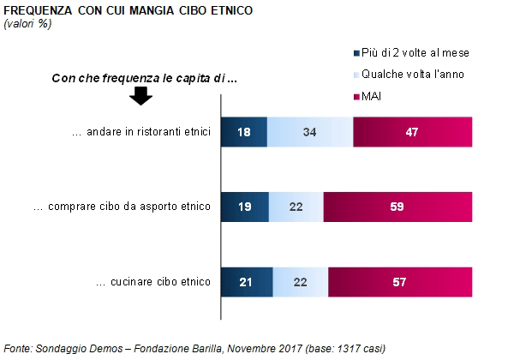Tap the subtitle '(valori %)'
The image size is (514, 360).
pos(27,24)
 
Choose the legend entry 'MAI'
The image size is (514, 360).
pos(371,97)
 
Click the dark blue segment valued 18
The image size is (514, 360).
pos(244,133)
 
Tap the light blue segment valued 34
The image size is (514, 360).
pos(310,133)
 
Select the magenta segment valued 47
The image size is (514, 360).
pos(412,133)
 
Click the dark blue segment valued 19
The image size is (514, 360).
pos(245,207)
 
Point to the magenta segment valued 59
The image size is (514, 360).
pos(397,207)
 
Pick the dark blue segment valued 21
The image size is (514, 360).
pos(248,282)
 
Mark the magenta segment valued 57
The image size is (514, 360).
pos(400,282)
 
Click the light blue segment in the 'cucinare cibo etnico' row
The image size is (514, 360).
pos(301,282)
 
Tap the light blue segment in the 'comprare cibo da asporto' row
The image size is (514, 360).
pos(296,207)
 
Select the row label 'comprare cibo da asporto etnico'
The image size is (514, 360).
pos(121,207)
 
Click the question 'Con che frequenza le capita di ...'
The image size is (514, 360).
pos(144,78)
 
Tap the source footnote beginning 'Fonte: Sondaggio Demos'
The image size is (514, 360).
pos(194,348)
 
